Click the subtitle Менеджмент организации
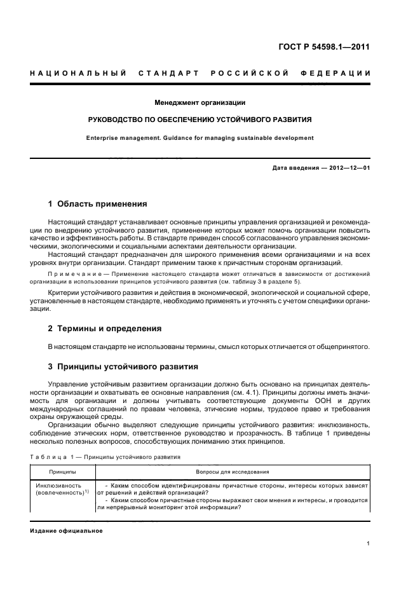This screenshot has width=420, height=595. [x=200, y=102]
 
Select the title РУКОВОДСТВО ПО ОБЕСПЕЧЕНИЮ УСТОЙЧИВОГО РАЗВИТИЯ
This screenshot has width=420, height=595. [x=200, y=120]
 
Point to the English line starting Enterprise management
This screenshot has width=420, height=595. [x=200, y=137]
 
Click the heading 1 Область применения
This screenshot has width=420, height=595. [x=98, y=204]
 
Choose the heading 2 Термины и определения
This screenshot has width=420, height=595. [x=105, y=329]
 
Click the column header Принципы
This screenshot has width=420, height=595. [x=62, y=472]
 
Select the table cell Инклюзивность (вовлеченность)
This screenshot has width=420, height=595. [x=62, y=489]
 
